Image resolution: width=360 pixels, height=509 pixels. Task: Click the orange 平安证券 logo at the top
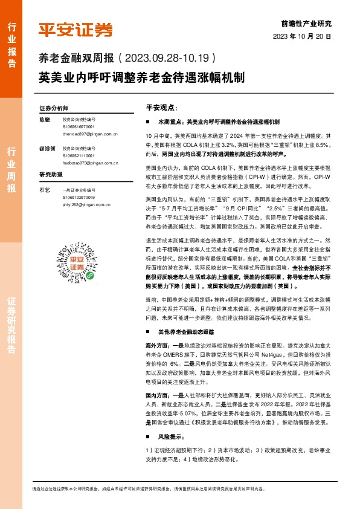(x=76, y=30)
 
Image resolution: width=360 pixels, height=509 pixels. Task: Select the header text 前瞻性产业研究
(x=306, y=24)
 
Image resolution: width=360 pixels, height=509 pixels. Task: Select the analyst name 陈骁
(x=44, y=120)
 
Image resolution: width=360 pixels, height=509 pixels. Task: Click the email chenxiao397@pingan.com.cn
(x=90, y=134)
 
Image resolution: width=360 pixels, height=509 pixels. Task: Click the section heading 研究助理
(x=51, y=174)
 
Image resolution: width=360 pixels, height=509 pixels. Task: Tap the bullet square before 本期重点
(x=148, y=122)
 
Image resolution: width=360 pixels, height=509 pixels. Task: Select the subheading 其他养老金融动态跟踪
(x=188, y=332)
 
